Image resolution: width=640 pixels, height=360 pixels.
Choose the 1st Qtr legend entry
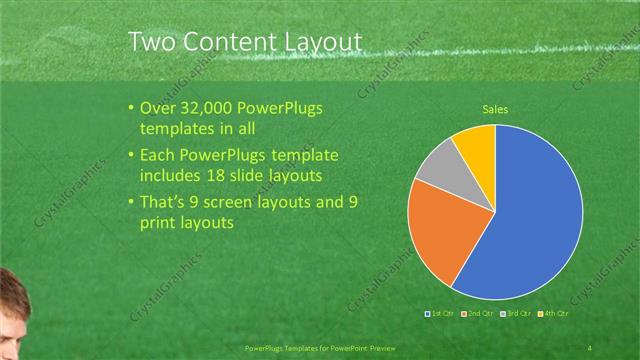440,314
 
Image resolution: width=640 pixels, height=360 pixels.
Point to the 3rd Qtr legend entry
515,314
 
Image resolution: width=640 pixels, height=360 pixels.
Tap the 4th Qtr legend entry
552,314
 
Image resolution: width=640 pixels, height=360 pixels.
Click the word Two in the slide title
153,41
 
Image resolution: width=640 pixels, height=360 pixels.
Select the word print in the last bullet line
158,223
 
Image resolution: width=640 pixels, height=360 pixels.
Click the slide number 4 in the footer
590,347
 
